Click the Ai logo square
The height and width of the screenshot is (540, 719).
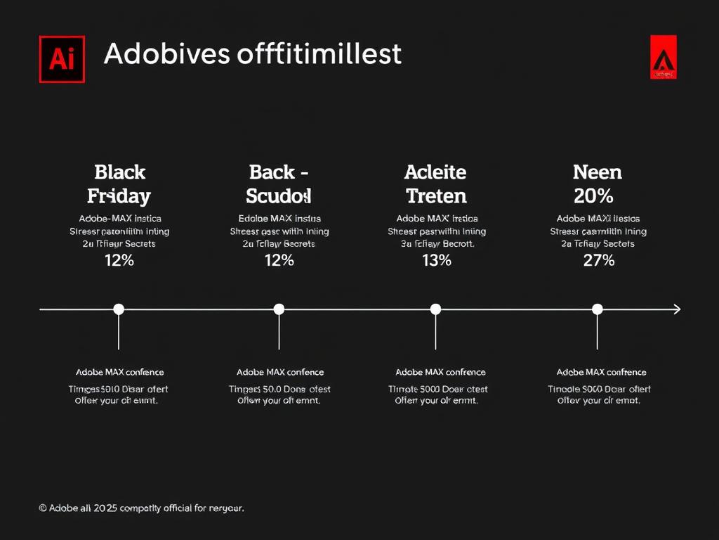point(62,60)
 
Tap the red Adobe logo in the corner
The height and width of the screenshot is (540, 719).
point(663,57)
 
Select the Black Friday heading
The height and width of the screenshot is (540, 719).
point(119,184)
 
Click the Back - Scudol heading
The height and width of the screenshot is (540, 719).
point(279,184)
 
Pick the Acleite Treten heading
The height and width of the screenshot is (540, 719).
point(435,184)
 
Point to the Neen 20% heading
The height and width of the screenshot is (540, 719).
point(598,184)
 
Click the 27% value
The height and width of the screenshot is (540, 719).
point(598,261)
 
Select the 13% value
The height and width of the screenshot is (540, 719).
point(436,261)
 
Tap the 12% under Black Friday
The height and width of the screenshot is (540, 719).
point(119,261)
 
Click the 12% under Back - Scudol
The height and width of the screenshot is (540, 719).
point(279,261)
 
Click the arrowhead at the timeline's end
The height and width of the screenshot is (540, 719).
point(677,309)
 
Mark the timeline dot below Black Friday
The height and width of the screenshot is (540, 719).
point(119,309)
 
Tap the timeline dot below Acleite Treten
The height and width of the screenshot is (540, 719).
point(435,309)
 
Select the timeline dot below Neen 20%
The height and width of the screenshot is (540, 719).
point(598,309)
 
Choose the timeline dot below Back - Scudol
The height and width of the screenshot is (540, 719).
point(279,309)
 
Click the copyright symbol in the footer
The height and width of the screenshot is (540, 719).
point(43,508)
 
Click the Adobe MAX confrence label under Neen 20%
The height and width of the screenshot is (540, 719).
point(601,372)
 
